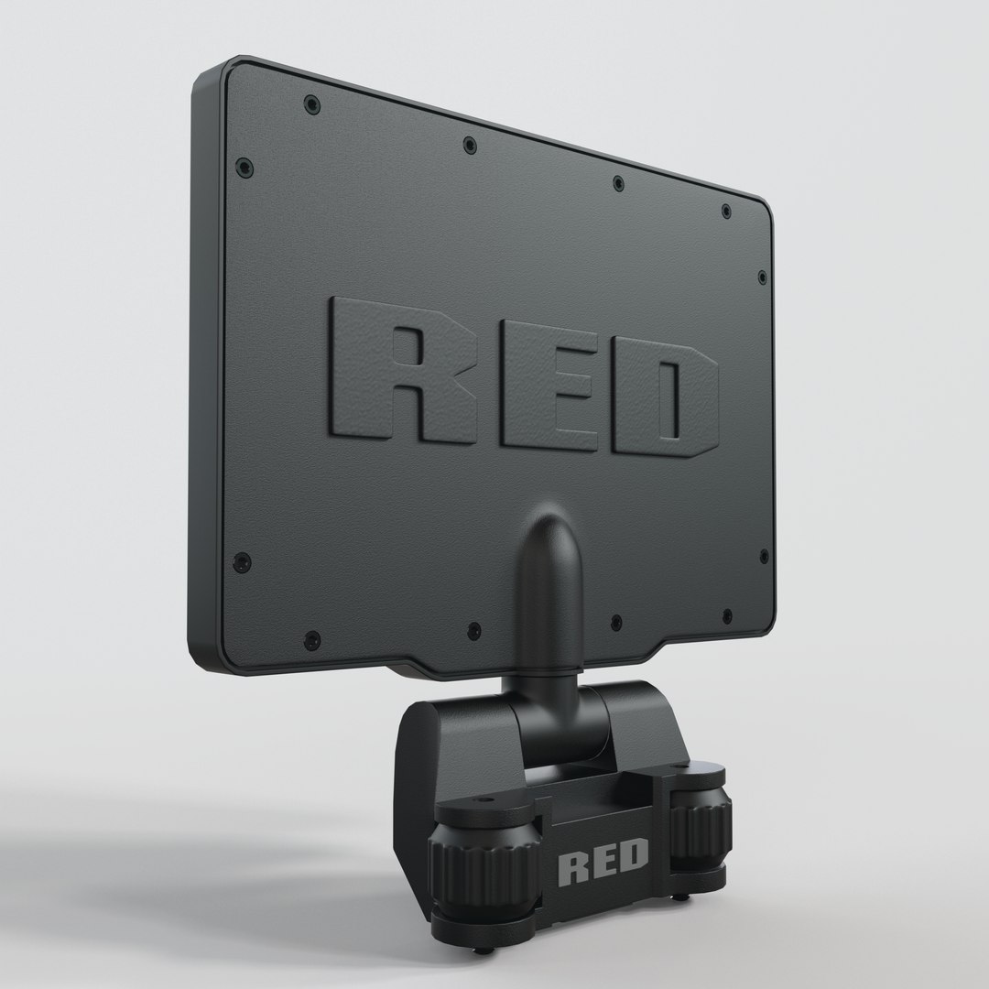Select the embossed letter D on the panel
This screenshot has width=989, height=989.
pos(664,403)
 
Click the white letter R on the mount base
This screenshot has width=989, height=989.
pos(573,865)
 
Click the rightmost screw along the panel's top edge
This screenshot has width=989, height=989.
pos(726,212)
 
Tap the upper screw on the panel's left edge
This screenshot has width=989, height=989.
pos(244,167)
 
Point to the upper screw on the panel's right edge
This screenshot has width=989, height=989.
pos(762,276)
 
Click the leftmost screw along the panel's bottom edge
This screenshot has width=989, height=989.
pos(311,638)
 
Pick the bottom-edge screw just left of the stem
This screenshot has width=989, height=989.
pos(473,630)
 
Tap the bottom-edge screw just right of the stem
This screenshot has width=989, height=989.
pos(617,623)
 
